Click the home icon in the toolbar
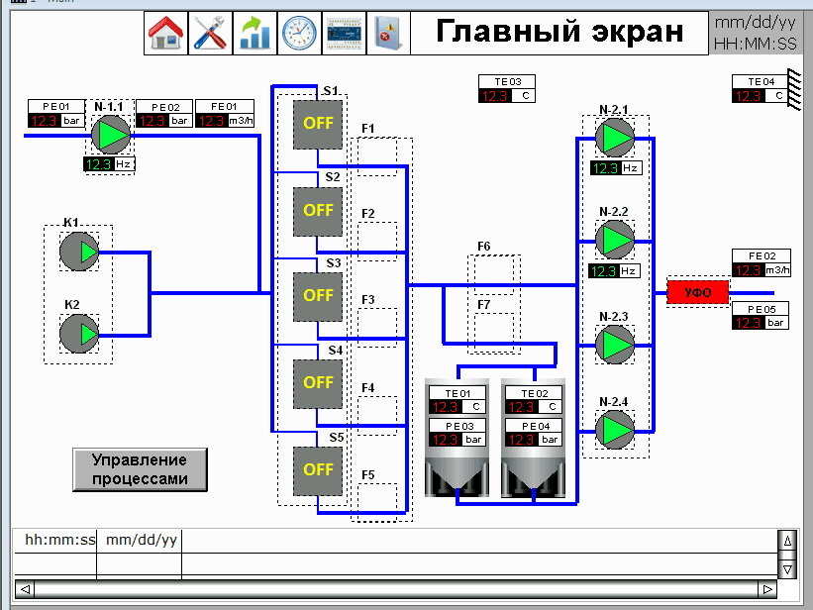coord(167,34)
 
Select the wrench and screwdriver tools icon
coord(211,34)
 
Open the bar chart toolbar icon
coord(254,34)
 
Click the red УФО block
coord(697,292)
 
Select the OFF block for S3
coord(318,295)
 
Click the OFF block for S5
coord(318,469)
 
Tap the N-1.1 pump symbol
coord(110,134)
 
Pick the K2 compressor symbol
coord(79,334)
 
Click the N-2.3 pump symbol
coord(615,344)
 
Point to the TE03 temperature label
coord(507,81)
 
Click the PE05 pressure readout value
coord(749,322)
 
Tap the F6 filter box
coord(493,273)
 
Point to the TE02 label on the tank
coord(534,393)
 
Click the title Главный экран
coord(559,32)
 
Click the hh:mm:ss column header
coord(59,540)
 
